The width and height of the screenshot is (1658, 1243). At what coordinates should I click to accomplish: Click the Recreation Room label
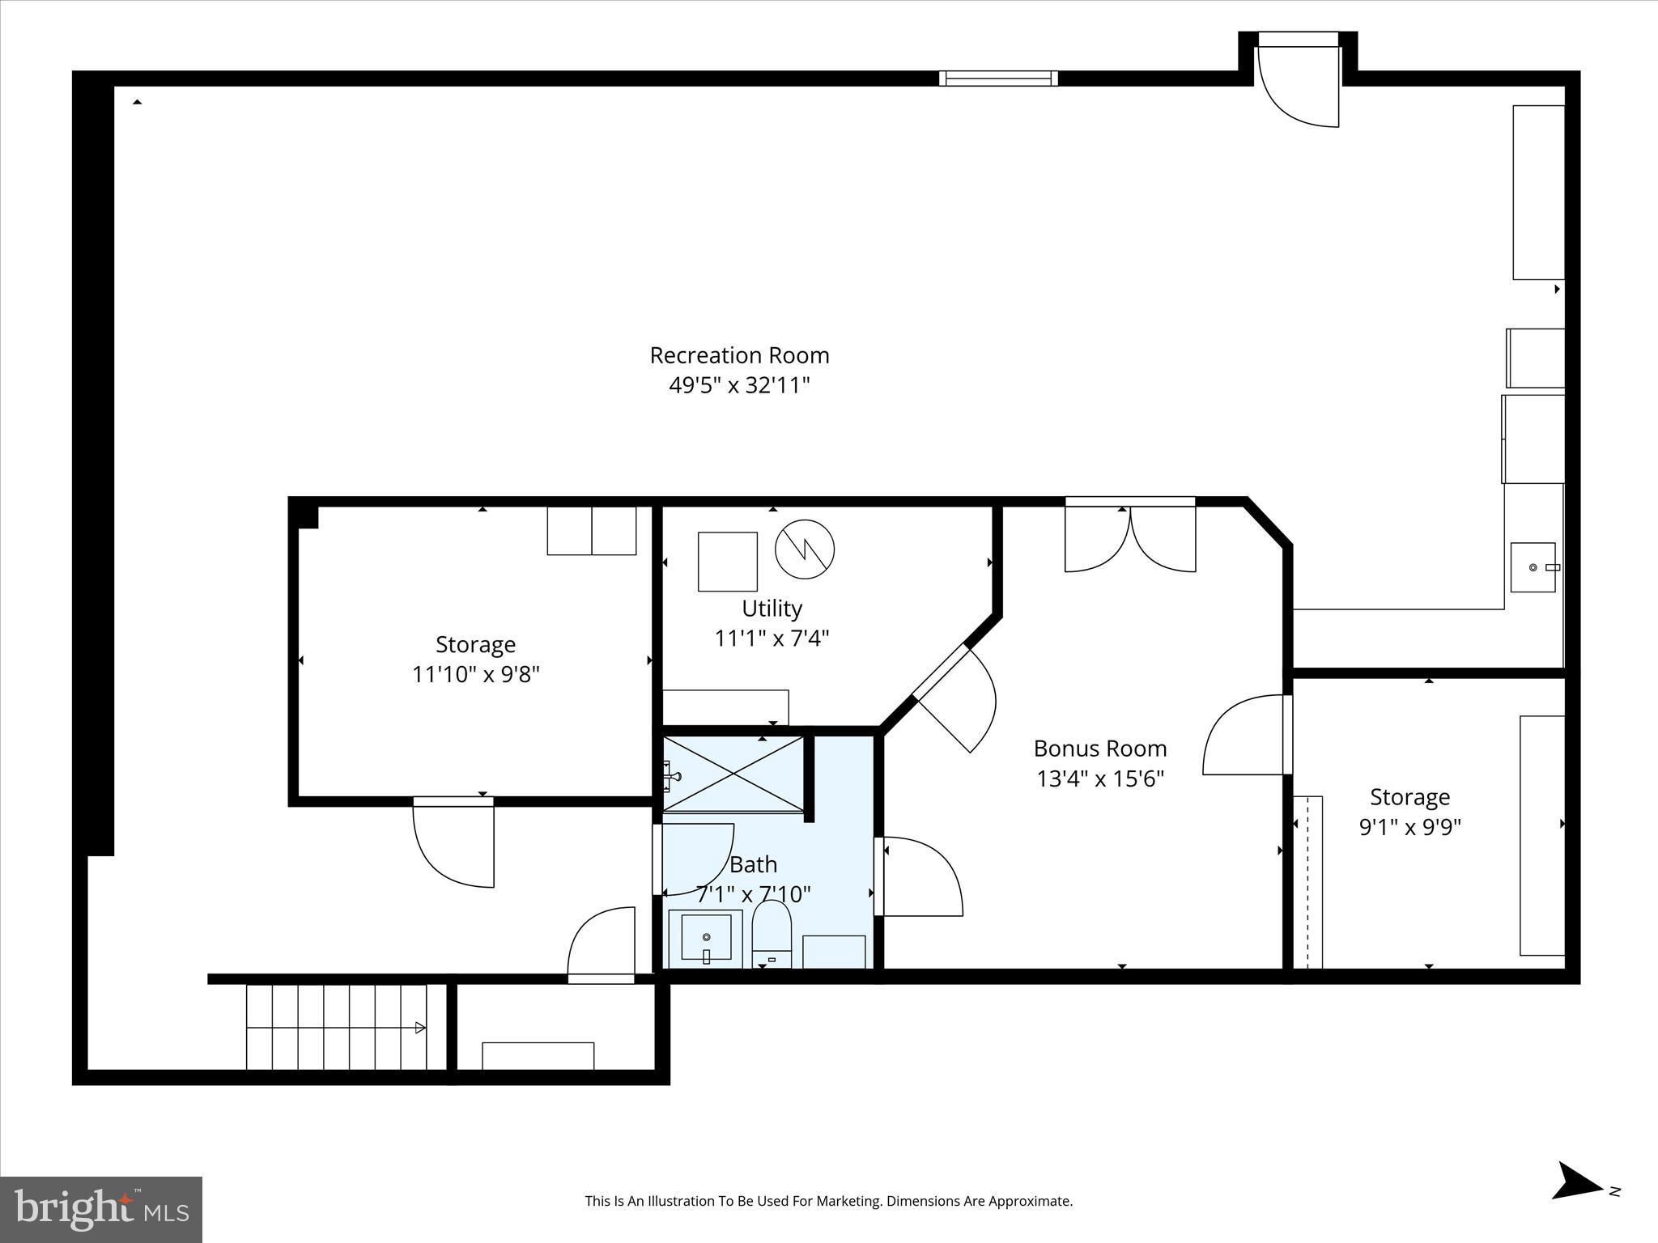[739, 355]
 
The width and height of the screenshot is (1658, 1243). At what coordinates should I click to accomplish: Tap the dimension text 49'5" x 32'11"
[739, 385]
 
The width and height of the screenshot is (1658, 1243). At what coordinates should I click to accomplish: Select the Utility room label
[772, 609]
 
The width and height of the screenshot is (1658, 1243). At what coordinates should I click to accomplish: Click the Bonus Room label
[1099, 749]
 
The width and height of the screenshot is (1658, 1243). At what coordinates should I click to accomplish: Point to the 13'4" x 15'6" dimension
[1099, 778]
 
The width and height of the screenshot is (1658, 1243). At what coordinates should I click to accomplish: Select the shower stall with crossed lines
[733, 774]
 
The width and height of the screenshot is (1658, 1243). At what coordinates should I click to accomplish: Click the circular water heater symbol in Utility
[805, 549]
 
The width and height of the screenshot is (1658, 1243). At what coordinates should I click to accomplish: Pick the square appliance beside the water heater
[728, 562]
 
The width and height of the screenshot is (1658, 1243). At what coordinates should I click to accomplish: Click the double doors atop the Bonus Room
[1130, 536]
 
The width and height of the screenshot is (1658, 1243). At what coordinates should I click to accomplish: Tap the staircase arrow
[419, 1028]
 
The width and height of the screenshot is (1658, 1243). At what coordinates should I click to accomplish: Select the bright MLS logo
[101, 1209]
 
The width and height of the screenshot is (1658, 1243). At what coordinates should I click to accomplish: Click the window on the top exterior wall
[998, 78]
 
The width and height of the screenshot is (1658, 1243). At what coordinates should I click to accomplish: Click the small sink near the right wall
[1533, 567]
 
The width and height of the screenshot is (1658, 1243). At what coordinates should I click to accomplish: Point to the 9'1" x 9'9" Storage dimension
[1409, 827]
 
